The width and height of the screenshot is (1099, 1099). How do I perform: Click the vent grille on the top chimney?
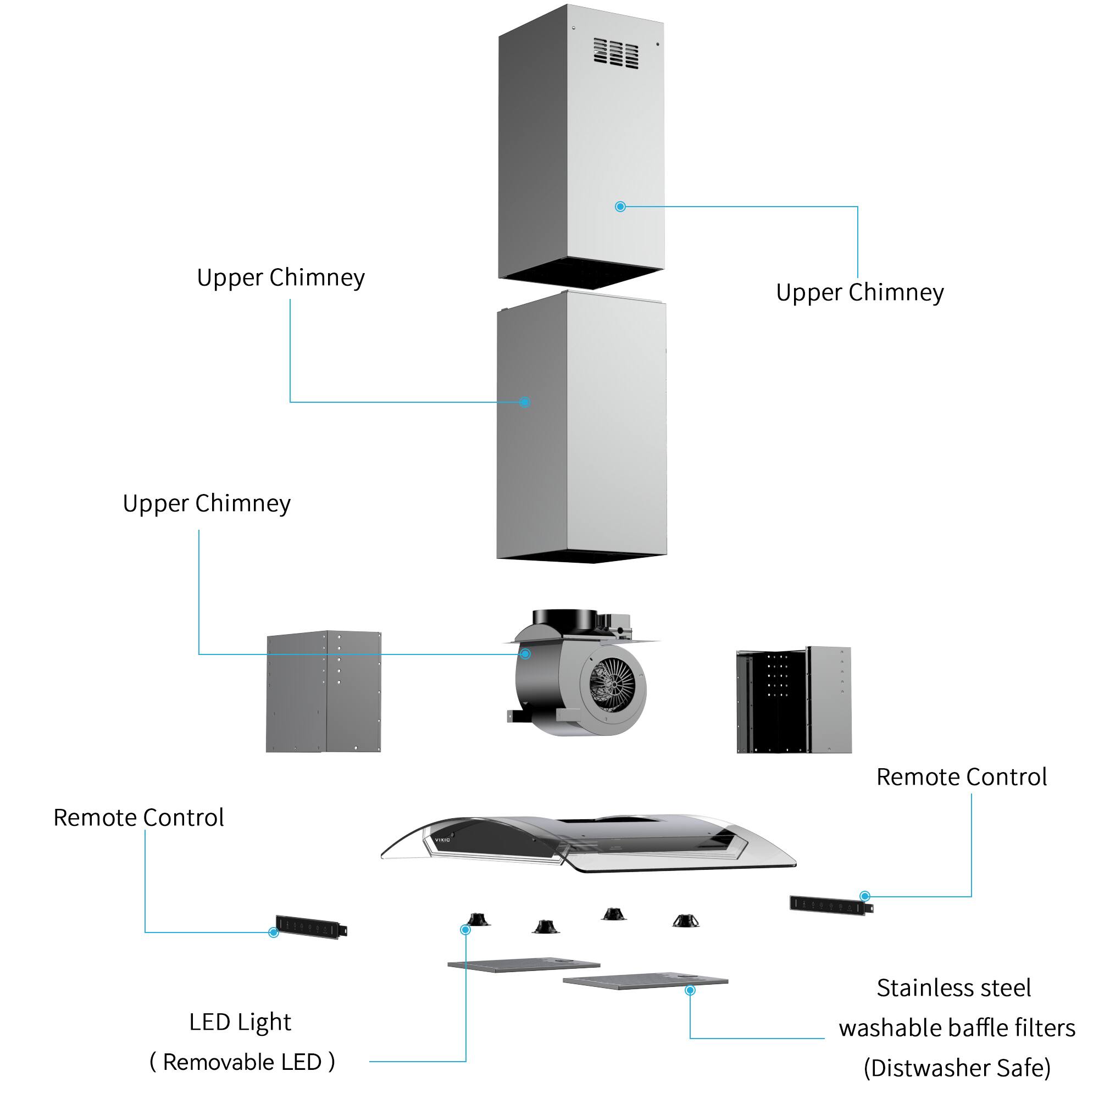pyautogui.click(x=615, y=53)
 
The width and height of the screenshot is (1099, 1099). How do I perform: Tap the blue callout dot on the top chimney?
pyautogui.click(x=620, y=207)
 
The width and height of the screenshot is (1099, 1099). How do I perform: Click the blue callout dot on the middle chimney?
pyautogui.click(x=524, y=402)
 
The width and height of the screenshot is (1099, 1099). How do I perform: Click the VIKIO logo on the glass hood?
pyautogui.click(x=442, y=840)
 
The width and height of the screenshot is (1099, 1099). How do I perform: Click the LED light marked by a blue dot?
pyautogui.click(x=478, y=920)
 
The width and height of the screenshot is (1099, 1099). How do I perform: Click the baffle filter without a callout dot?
pyautogui.click(x=523, y=965)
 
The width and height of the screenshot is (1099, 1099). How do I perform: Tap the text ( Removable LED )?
pyautogui.click(x=242, y=1062)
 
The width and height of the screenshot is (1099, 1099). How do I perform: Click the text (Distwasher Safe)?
pyautogui.click(x=957, y=1068)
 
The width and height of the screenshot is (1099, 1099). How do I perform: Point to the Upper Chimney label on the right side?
pyautogui.click(x=859, y=293)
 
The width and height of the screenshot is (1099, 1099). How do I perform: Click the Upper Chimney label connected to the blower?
pyautogui.click(x=207, y=504)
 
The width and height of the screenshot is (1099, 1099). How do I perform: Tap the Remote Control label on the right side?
pyautogui.click(x=961, y=777)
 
